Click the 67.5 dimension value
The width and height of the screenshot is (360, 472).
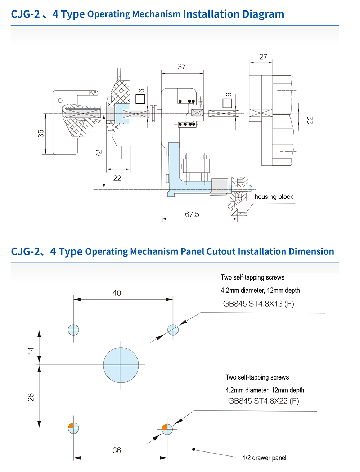192,214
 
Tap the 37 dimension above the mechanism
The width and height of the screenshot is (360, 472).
182,67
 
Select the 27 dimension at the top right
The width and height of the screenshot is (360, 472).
263,57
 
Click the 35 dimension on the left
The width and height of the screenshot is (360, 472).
41,133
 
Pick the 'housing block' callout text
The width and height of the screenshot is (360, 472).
274,196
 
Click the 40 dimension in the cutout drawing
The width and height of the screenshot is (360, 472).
117,293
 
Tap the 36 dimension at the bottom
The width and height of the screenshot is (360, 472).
117,450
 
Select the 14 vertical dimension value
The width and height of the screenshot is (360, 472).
31,350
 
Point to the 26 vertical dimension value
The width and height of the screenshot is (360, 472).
31,397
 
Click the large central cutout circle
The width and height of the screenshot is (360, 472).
121,365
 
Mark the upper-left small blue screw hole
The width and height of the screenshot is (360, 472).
73,330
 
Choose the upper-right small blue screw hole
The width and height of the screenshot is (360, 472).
173,330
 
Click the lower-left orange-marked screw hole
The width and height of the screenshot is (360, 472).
73,428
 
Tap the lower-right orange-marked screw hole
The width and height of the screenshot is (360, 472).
167,429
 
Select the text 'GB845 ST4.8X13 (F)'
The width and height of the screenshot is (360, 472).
258,304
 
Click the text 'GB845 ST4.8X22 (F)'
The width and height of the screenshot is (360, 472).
264,401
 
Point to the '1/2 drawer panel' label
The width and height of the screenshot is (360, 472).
265,458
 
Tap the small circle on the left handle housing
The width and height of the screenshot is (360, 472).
60,100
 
